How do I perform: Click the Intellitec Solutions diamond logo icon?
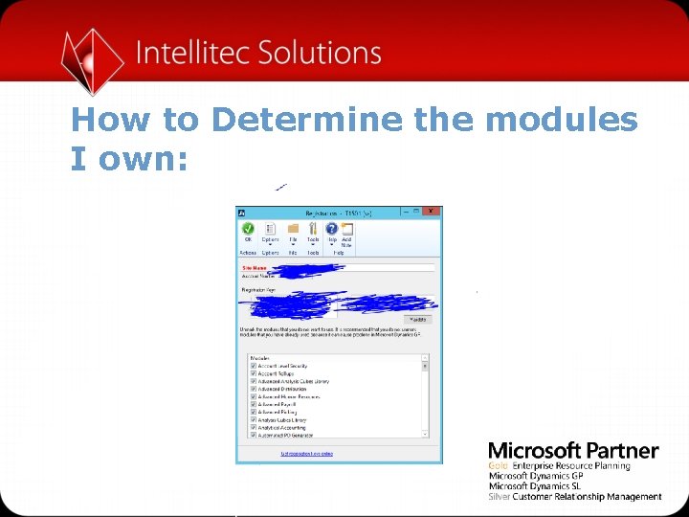[93, 60]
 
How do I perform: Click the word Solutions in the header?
[320, 53]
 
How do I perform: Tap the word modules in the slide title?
[561, 121]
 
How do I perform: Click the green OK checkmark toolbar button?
[248, 229]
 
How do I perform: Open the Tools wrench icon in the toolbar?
[313, 229]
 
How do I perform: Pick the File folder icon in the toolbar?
[293, 229]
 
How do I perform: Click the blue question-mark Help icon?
[332, 229]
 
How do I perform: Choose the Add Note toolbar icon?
[346, 230]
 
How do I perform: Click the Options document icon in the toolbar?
[270, 229]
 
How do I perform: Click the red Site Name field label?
[255, 268]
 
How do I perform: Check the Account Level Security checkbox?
[253, 366]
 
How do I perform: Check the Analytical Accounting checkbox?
[253, 426]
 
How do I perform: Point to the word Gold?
[498, 466]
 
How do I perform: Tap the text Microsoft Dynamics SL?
[535, 486]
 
